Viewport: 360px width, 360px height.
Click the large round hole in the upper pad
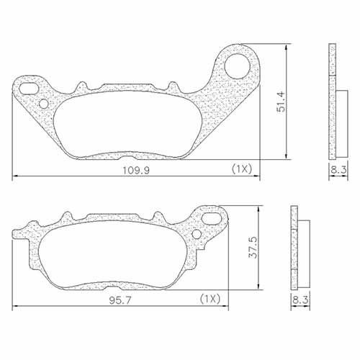click(x=236, y=67)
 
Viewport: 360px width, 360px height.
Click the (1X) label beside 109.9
click(x=240, y=169)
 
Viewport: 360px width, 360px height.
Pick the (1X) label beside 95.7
click(x=209, y=298)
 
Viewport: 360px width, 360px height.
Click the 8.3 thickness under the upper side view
click(x=338, y=171)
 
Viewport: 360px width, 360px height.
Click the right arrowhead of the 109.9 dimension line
click(x=257, y=177)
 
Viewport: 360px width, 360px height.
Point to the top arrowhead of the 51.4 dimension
click(x=289, y=47)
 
